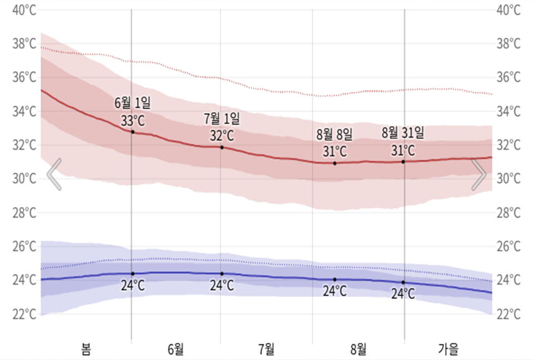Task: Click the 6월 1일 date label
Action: coord(132,103)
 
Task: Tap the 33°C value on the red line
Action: coord(132,120)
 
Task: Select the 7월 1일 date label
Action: coord(222,118)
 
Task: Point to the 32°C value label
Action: coord(222,135)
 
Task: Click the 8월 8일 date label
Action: coord(334,134)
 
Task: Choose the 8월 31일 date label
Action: coord(403,133)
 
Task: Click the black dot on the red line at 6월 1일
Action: coord(132,132)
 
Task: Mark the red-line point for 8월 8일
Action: coord(335,163)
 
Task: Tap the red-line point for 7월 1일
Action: coord(222,148)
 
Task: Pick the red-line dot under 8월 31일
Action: coord(403,161)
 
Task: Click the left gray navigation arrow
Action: coord(54,174)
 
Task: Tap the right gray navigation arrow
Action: coord(479,174)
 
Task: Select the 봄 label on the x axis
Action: coord(86,349)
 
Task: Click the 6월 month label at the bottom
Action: coord(175,349)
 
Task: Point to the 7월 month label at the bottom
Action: coord(266,349)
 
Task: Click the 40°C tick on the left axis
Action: coord(24,10)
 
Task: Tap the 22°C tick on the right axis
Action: coord(509,314)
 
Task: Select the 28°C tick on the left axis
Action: coord(24,213)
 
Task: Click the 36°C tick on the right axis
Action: coord(509,78)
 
